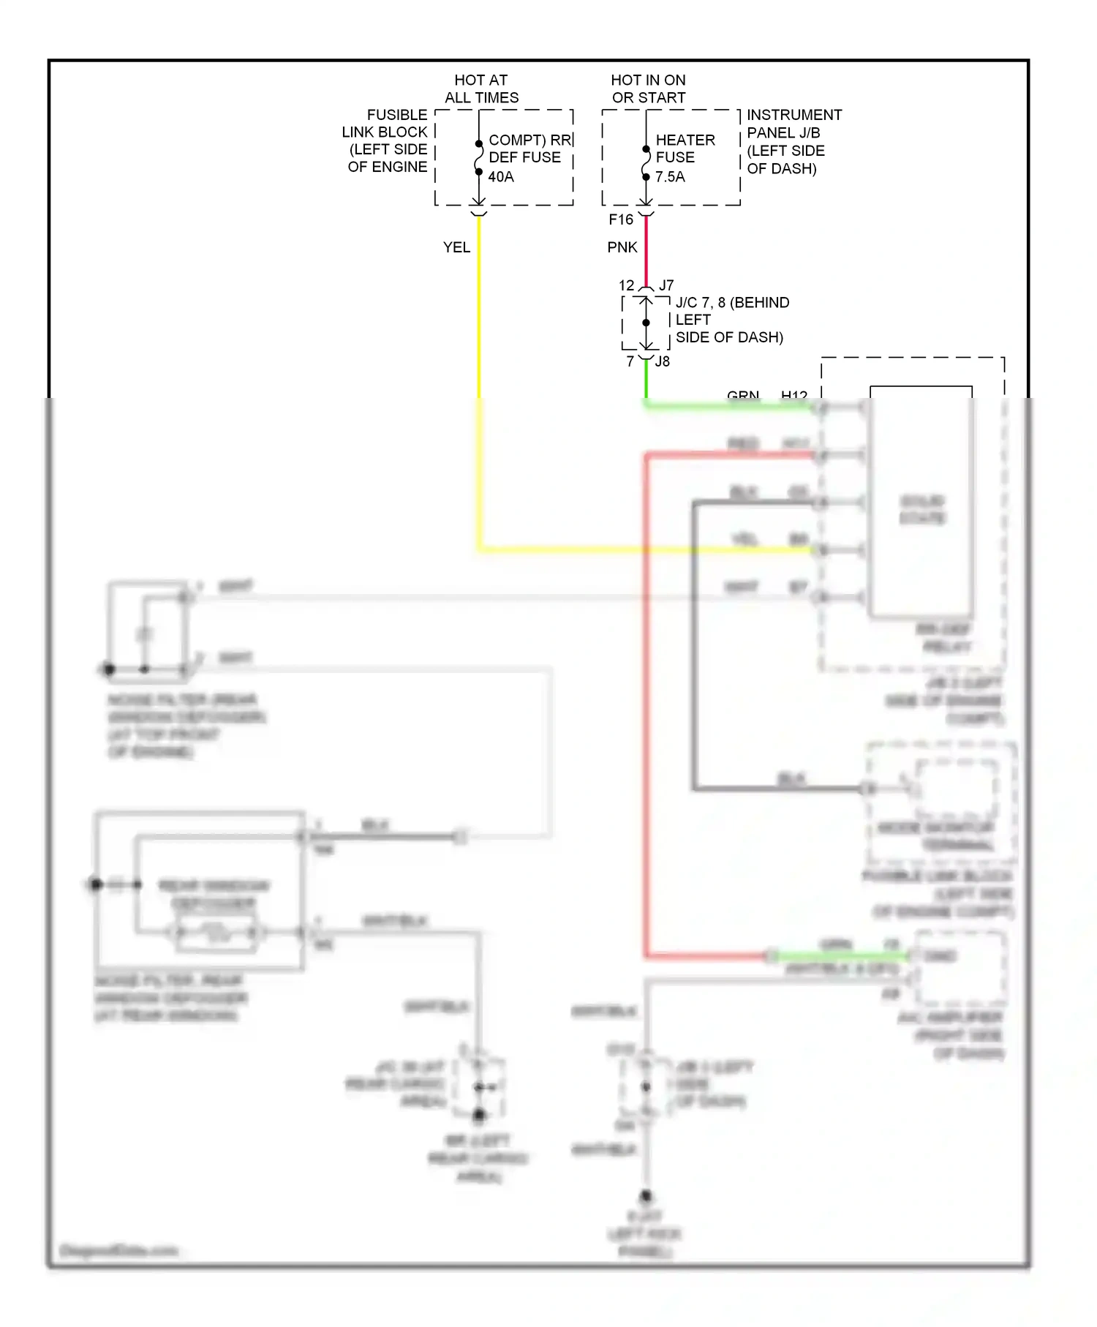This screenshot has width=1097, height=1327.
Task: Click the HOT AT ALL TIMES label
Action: pos(481,89)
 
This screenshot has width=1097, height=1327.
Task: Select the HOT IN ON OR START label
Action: pos(648,89)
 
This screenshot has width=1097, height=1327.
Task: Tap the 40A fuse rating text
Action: pos(501,176)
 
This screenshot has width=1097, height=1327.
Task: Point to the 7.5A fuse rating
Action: pos(670,176)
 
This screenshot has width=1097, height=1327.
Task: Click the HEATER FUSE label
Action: pos(685,149)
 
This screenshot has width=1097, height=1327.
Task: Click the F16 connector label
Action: pos(621,219)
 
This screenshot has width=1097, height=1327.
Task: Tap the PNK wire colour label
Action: pos(622,247)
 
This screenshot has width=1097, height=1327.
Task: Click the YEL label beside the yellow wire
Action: pos(456,247)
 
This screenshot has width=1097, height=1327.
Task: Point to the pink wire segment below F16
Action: pos(646,249)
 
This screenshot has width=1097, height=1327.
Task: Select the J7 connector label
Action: pos(666,285)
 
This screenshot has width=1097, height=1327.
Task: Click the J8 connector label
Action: pos(663,361)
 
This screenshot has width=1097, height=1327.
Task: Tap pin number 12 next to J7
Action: pos(627,285)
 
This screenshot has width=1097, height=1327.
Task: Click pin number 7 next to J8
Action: pos(630,361)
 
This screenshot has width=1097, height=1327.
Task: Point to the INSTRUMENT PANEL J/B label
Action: pos(793,141)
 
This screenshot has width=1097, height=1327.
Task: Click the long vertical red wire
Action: pos(646,702)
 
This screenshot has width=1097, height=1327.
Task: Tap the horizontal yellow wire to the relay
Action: pos(644,549)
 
